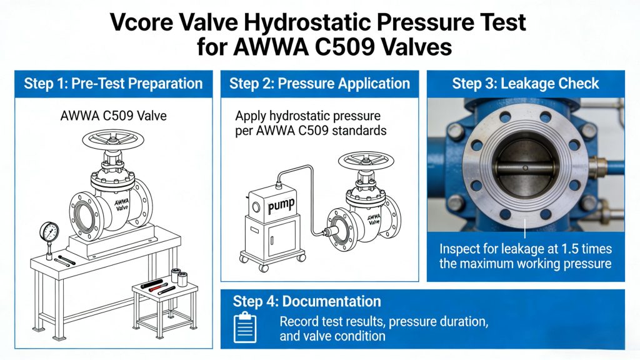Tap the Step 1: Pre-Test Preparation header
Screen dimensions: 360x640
pyautogui.click(x=113, y=84)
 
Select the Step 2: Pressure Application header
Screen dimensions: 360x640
pyautogui.click(x=319, y=84)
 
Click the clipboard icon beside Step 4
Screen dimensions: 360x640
pyautogui.click(x=245, y=327)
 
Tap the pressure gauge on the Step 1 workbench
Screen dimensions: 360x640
pyautogui.click(x=49, y=233)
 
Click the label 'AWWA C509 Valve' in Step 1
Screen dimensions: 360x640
pyautogui.click(x=113, y=116)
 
